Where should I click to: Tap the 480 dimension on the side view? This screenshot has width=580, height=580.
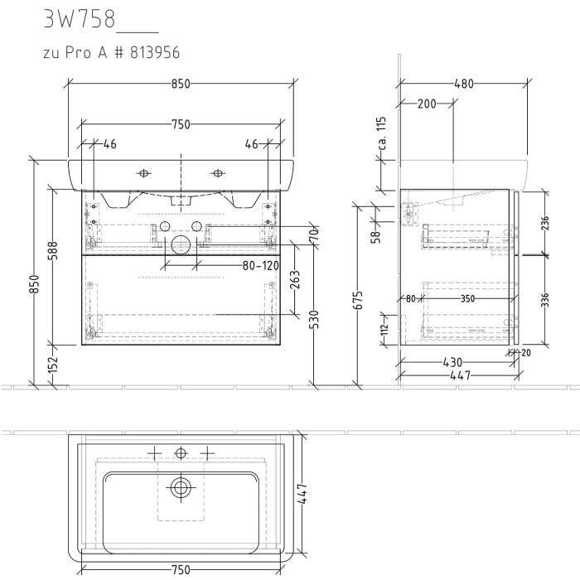tap(464, 84)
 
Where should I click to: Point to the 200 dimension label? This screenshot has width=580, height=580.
tap(427, 104)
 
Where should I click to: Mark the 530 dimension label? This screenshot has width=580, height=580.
tap(315, 319)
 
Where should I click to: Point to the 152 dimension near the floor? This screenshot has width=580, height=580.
tap(53, 365)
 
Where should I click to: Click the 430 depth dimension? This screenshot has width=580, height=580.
tap(452, 362)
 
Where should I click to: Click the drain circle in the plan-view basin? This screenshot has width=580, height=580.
tap(181, 487)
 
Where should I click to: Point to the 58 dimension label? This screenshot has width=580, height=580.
tap(375, 236)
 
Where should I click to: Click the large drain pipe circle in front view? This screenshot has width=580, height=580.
tap(180, 244)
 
